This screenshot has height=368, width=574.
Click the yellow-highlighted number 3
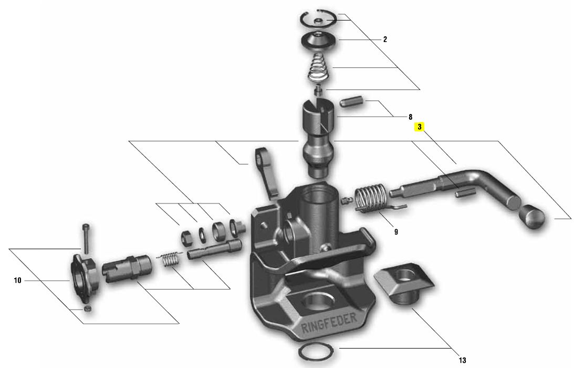420,127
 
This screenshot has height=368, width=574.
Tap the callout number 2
385,39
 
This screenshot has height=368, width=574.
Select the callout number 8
410,117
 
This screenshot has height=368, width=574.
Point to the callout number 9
396,232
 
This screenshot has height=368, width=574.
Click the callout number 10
17,280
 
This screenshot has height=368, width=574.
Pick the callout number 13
462,360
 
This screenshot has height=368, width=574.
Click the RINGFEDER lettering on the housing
328,323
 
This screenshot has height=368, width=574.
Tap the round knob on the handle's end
532,217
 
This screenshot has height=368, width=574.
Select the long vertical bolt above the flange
87,238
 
